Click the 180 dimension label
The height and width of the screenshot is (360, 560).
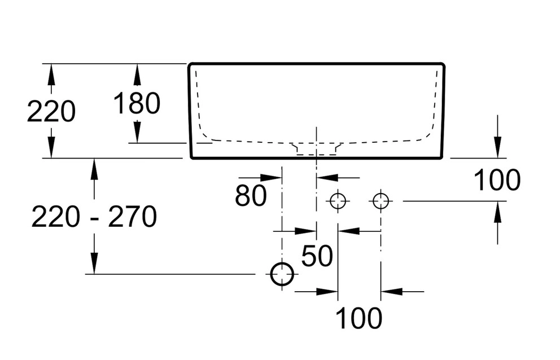point(137,103)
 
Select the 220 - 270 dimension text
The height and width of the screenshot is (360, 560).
point(94,217)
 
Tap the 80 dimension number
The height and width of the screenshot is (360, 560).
point(251,196)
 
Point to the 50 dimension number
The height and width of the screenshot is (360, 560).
point(317,256)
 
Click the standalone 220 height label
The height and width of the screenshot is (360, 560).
point(51,112)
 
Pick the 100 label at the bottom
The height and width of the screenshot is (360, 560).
point(359,319)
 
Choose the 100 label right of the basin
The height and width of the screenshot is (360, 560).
point(497,181)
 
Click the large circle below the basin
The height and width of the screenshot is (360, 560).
point(282,274)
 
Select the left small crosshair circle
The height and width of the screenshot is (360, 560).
point(338,200)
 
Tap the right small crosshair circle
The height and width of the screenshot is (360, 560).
point(380,200)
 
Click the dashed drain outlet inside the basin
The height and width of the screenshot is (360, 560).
point(316,148)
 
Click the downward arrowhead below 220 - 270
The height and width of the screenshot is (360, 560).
point(94,265)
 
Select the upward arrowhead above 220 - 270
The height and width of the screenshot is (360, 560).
point(94,168)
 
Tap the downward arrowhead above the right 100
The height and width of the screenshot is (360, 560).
point(497,150)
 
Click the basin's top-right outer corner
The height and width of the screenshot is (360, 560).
point(444,64)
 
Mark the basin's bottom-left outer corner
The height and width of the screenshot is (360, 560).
point(190,158)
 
